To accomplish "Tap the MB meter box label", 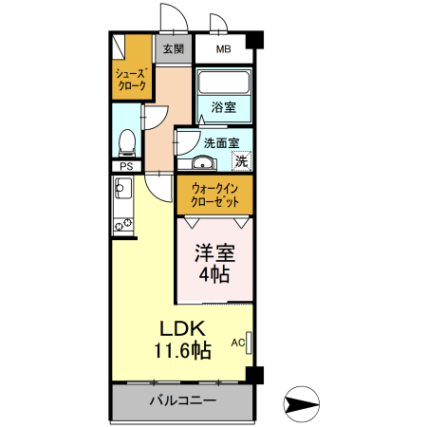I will [223, 49].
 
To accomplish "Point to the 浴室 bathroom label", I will [224, 107].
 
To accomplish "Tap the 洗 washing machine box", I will [242, 160].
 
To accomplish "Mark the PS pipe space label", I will [125, 166].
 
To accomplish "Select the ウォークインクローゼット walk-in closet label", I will [214, 195].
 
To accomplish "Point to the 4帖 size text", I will [214, 275].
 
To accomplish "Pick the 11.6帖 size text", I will [183, 350].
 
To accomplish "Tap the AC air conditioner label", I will [238, 342].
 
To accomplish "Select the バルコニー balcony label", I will [183, 401].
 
